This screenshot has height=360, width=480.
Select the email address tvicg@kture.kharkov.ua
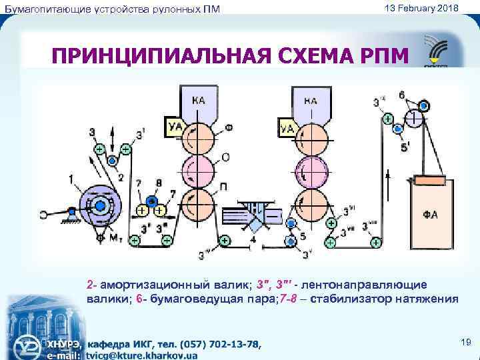[x=141, y=355]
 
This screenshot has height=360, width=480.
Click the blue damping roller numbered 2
[x=113, y=161]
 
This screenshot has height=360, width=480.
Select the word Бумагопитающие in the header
[x=42, y=8]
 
